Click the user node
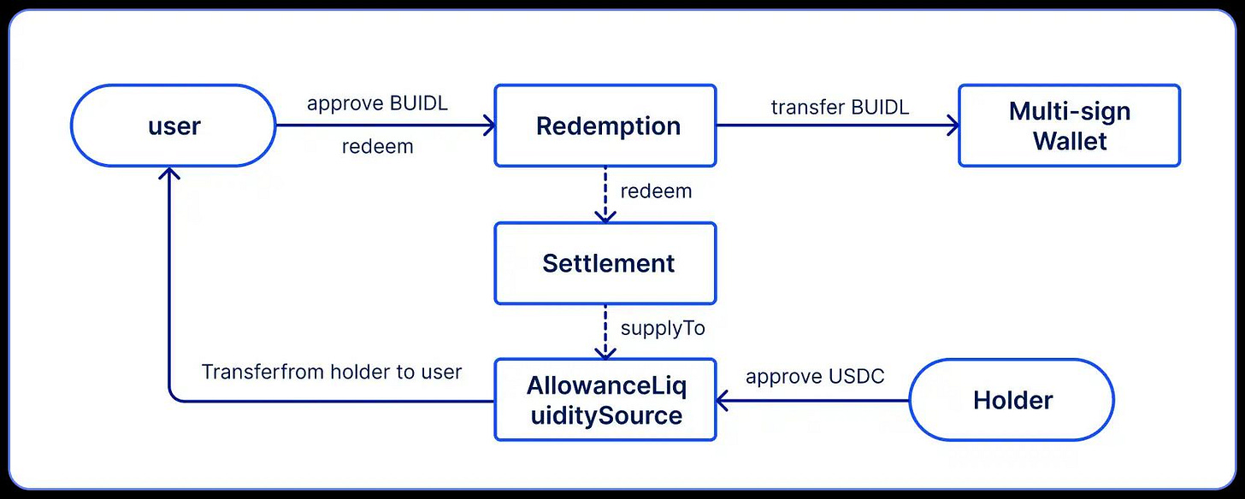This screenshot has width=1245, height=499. pos(174,126)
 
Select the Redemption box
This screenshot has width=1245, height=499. pos(605,126)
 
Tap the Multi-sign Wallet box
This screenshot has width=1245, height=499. pos(1069,126)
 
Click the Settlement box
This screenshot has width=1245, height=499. pos(605,263)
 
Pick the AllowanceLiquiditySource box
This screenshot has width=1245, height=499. pos(605,400)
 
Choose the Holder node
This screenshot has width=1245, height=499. pos(1012,400)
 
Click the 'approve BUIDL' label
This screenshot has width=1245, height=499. pos(377,104)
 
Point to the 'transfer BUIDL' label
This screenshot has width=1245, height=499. pos(840,107)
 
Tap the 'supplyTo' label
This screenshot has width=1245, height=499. pos(663,328)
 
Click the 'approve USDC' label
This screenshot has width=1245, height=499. pos(815,376)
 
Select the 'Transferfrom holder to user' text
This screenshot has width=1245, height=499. pos(332,372)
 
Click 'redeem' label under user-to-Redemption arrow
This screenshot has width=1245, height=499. pos(377,147)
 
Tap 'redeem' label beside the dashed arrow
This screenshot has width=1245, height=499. pos(656,191)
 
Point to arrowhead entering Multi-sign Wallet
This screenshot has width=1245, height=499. pos(953,126)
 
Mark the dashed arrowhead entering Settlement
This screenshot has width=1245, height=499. pos(605,217)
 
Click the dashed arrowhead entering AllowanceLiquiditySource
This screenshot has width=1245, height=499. pos(605,354)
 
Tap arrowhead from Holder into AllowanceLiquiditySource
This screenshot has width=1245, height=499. pos(723,400)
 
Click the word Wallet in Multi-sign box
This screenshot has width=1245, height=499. pos(1069,140)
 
